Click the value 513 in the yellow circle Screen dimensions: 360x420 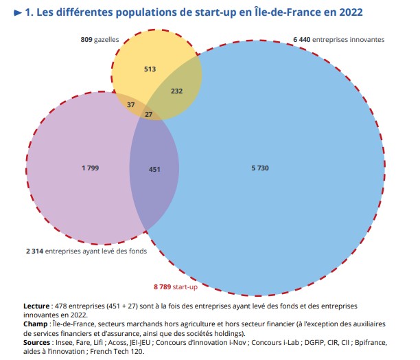tap(150, 69)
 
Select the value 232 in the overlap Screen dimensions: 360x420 tap(176, 91)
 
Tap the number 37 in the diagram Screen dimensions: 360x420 tap(131, 104)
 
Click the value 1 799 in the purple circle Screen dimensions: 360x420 tap(91, 167)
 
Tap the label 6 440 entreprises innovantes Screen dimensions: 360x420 tap(339, 40)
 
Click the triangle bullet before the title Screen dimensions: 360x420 tap(17, 12)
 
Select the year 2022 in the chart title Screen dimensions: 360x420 tap(348, 12)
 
